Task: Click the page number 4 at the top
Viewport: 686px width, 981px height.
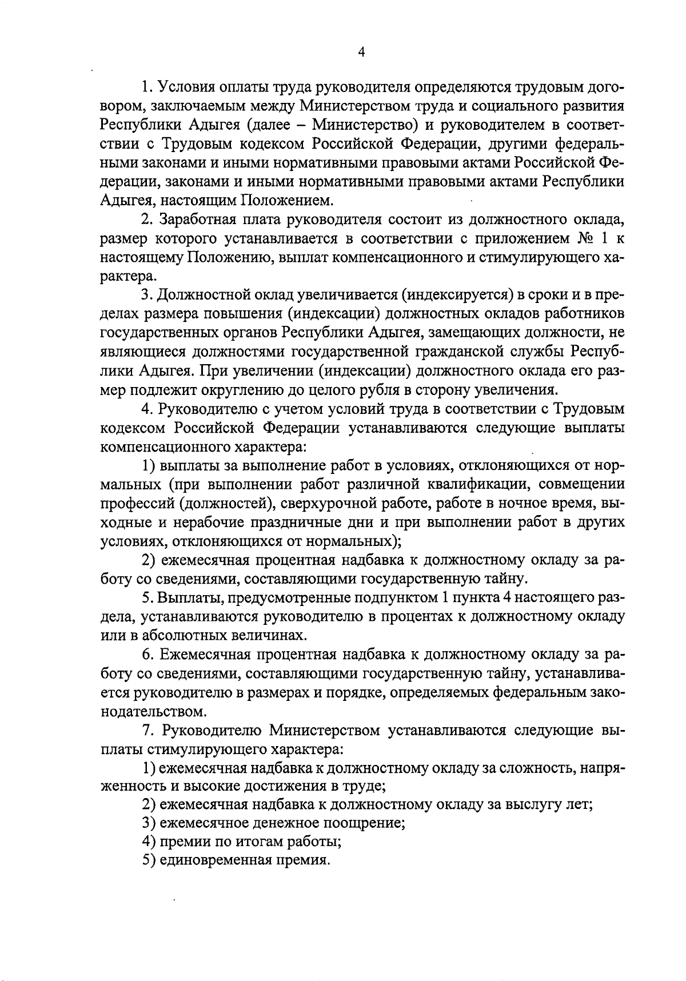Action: click(x=361, y=52)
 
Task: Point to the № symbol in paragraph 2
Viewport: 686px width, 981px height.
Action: click(x=573, y=238)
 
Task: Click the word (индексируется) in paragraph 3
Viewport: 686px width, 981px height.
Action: click(x=456, y=295)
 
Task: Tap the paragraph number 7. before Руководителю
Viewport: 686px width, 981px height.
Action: click(x=146, y=731)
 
